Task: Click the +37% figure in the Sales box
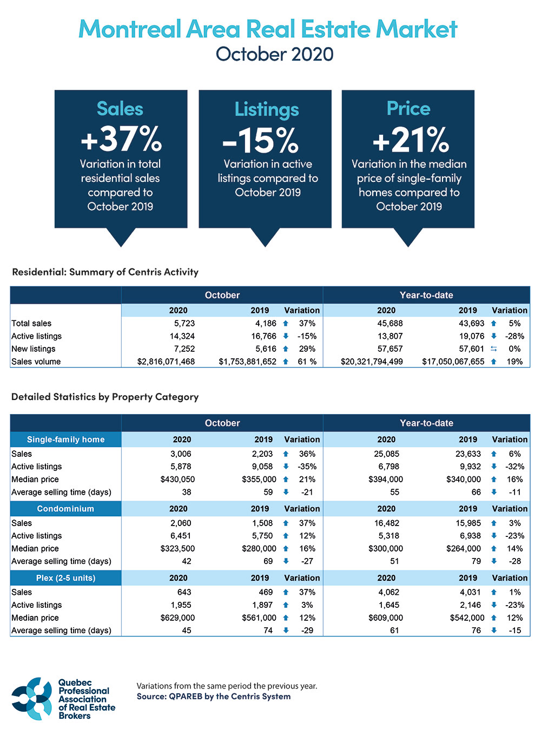[121, 139]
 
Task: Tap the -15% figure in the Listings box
[261, 140]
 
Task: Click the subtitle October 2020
[274, 54]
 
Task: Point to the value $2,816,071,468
[166, 362]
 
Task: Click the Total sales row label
[31, 323]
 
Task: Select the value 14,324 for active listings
[182, 336]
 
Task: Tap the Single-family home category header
[65, 439]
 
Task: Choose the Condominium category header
[65, 509]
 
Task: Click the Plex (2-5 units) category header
[65, 578]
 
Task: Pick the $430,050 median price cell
[177, 479]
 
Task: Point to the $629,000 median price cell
[177, 618]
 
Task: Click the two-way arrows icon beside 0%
[493, 349]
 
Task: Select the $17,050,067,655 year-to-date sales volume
[453, 362]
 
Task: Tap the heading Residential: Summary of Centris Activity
[105, 272]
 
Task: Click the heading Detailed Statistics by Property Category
[105, 397]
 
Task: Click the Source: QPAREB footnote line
[213, 697]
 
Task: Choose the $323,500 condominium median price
[177, 548]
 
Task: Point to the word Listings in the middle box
[266, 109]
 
